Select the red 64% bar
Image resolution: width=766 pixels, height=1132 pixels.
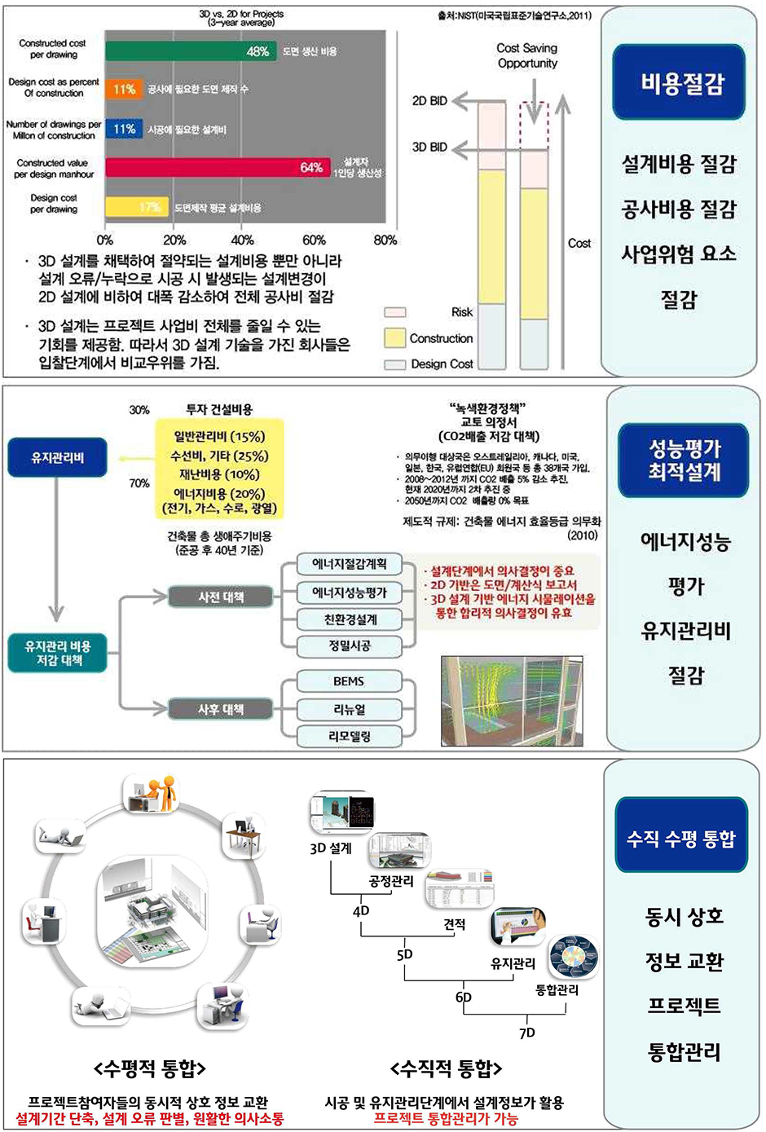pos(218,167)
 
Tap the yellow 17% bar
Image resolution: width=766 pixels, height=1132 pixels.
pos(136,207)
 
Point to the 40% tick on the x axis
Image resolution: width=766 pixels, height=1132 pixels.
pos(242,240)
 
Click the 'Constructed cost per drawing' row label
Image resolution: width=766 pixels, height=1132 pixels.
pos(53,49)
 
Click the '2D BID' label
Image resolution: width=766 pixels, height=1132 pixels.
pos(429,101)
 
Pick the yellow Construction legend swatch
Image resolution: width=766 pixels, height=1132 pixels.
pos(394,337)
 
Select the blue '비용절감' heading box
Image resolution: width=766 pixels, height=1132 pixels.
pos(680,83)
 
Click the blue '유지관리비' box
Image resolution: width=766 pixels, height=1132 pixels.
pos(57,457)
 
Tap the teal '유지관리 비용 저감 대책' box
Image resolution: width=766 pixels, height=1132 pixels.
pos(57,653)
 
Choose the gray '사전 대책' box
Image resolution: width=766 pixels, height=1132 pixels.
pos(221,597)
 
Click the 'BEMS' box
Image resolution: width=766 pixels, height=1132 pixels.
pos(349,681)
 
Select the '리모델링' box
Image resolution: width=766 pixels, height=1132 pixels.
pos(349,736)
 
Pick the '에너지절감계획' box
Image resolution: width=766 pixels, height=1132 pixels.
pos(349,564)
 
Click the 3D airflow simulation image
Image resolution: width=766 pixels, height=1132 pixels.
pos(512,701)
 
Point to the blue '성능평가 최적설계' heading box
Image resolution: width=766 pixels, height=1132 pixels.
pos(684,460)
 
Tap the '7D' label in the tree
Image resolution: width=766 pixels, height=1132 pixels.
pos(527,1033)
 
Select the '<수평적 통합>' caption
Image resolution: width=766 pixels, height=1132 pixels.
pos(150,1068)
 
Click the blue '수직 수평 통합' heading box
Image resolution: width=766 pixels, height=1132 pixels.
pos(681,838)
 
